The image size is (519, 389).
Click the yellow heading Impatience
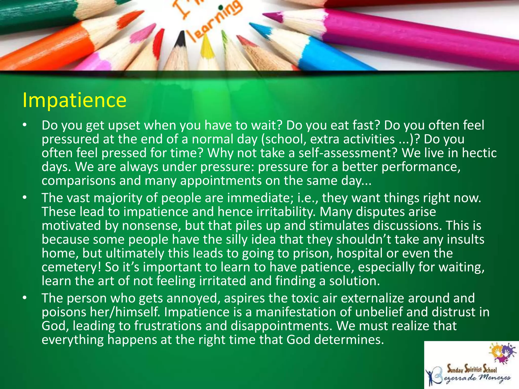(x=74, y=101)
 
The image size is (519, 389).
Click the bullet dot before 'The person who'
(x=24, y=298)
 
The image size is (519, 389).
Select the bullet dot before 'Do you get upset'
(x=24, y=125)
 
